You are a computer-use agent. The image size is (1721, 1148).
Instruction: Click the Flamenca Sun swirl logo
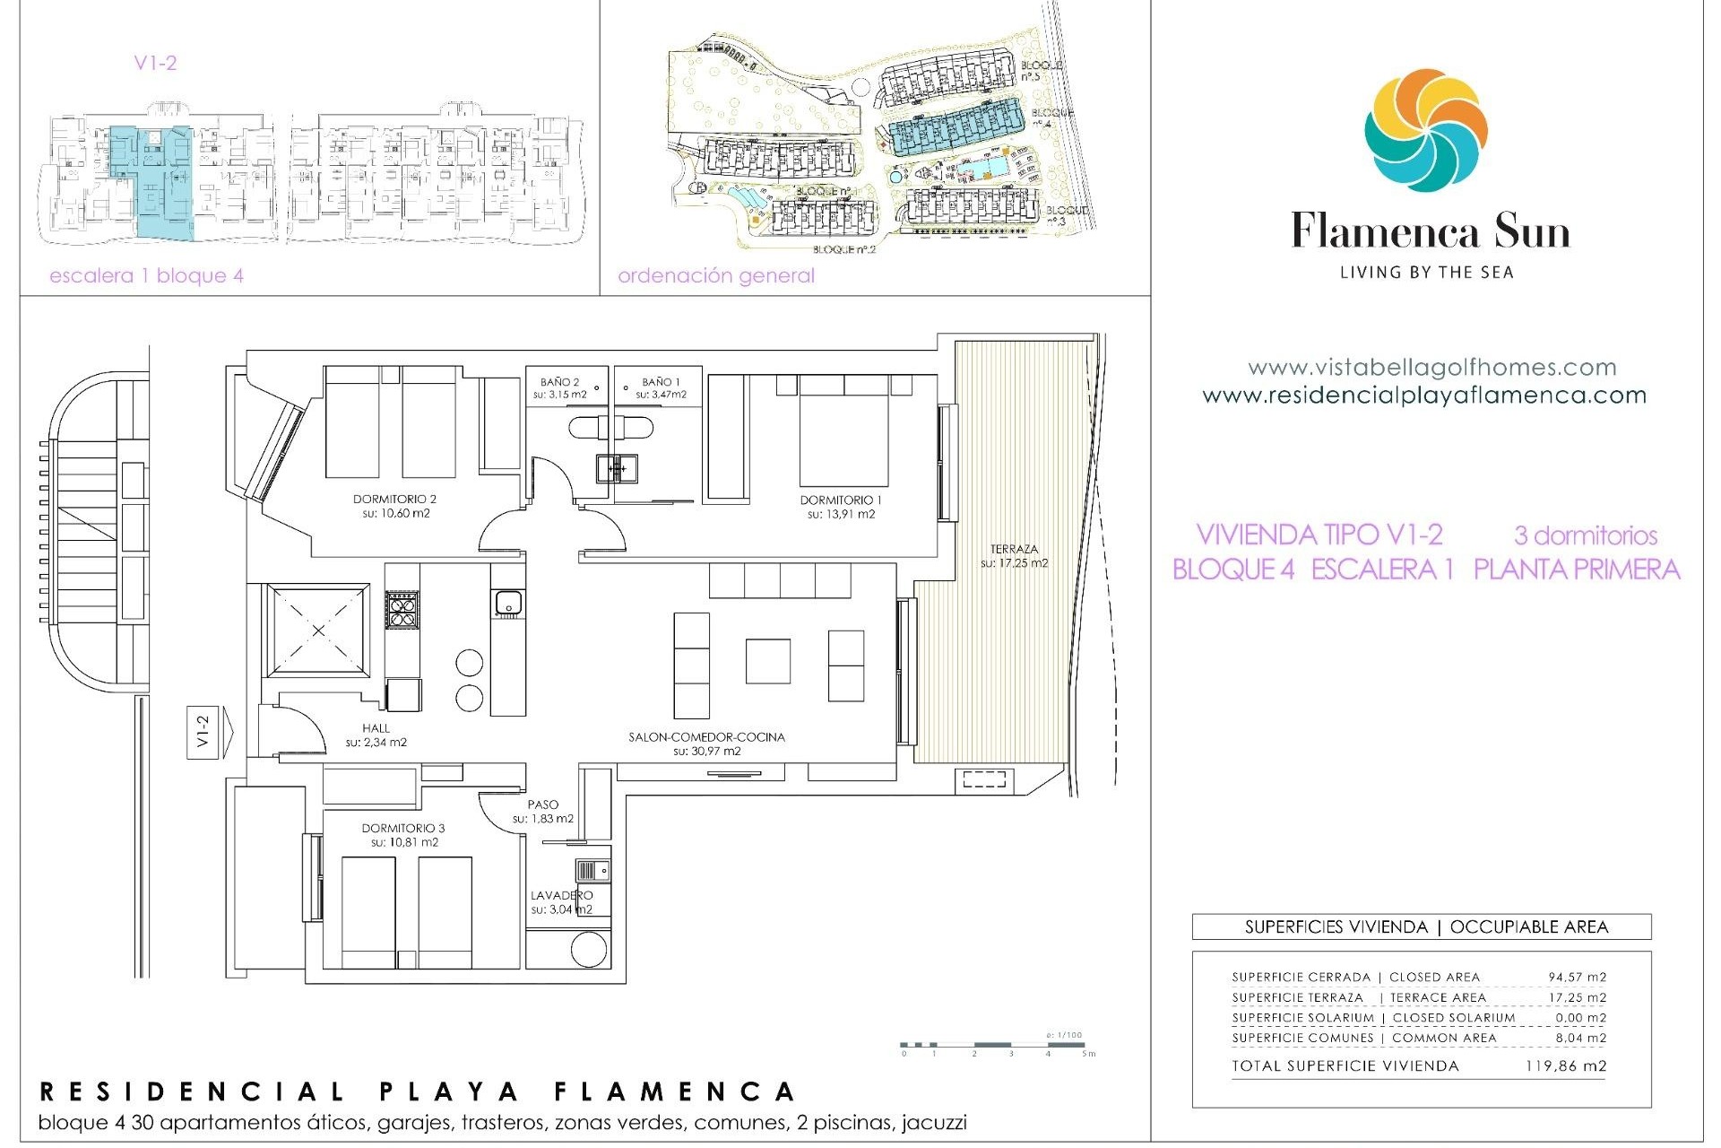[1426, 131]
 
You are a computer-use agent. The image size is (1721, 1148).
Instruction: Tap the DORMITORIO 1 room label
[841, 500]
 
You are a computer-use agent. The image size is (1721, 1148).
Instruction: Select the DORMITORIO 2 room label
[394, 500]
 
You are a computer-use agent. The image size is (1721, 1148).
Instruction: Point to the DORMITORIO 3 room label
[403, 829]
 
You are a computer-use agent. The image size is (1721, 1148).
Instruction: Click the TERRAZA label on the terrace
[1014, 549]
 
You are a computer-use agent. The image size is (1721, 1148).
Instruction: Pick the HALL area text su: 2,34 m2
[376, 743]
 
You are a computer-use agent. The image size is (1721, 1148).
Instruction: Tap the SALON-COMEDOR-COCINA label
[706, 737]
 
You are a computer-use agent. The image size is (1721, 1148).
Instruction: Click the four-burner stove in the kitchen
[402, 609]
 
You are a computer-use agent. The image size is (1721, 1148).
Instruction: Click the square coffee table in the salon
[768, 661]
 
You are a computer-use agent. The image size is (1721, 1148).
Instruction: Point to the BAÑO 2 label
[560, 382]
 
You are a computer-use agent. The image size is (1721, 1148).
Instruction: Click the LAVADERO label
[561, 895]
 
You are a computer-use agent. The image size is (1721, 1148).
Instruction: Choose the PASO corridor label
[543, 804]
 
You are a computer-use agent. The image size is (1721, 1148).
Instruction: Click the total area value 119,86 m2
[1565, 1066]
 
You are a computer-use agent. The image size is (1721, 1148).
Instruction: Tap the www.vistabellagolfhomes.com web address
[1431, 368]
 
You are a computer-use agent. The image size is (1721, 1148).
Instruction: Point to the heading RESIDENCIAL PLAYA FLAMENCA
[418, 1091]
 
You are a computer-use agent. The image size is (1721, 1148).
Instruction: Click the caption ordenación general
[716, 276]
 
